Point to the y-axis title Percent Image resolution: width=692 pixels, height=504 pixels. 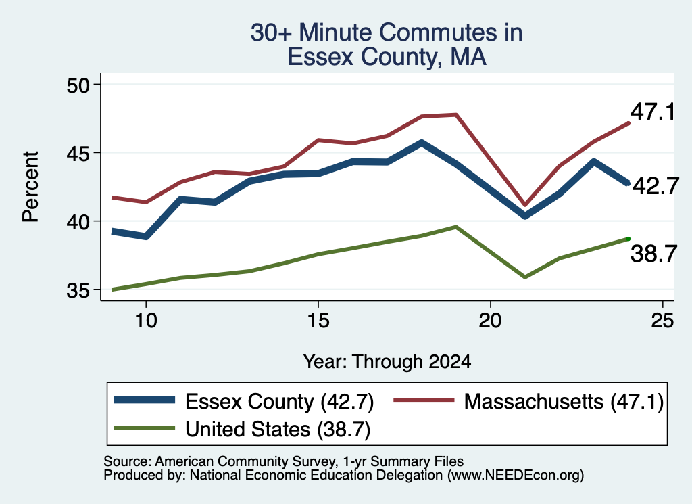(31, 187)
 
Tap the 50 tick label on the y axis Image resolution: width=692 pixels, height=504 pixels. (78, 85)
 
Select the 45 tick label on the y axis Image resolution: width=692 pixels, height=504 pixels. (78, 154)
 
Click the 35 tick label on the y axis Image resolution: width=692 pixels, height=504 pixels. (78, 291)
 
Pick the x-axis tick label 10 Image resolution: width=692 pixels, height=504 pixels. (146, 320)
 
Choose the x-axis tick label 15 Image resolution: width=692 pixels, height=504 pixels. (318, 320)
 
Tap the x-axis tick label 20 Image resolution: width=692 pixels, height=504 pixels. (491, 320)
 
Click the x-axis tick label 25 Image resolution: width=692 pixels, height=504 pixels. (662, 320)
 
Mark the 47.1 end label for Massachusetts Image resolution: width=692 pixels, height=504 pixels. (653, 112)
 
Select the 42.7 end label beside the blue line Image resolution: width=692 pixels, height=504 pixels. (656, 186)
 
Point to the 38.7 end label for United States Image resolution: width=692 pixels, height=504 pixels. (653, 254)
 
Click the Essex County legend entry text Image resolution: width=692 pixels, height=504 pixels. (279, 402)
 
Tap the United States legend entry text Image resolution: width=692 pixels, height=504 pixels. (278, 430)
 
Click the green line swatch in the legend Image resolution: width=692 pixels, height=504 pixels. (145, 428)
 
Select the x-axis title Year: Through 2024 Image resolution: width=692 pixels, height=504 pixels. (387, 361)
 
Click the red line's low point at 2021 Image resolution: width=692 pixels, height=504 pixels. (524, 205)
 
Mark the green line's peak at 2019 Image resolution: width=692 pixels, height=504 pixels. (456, 227)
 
